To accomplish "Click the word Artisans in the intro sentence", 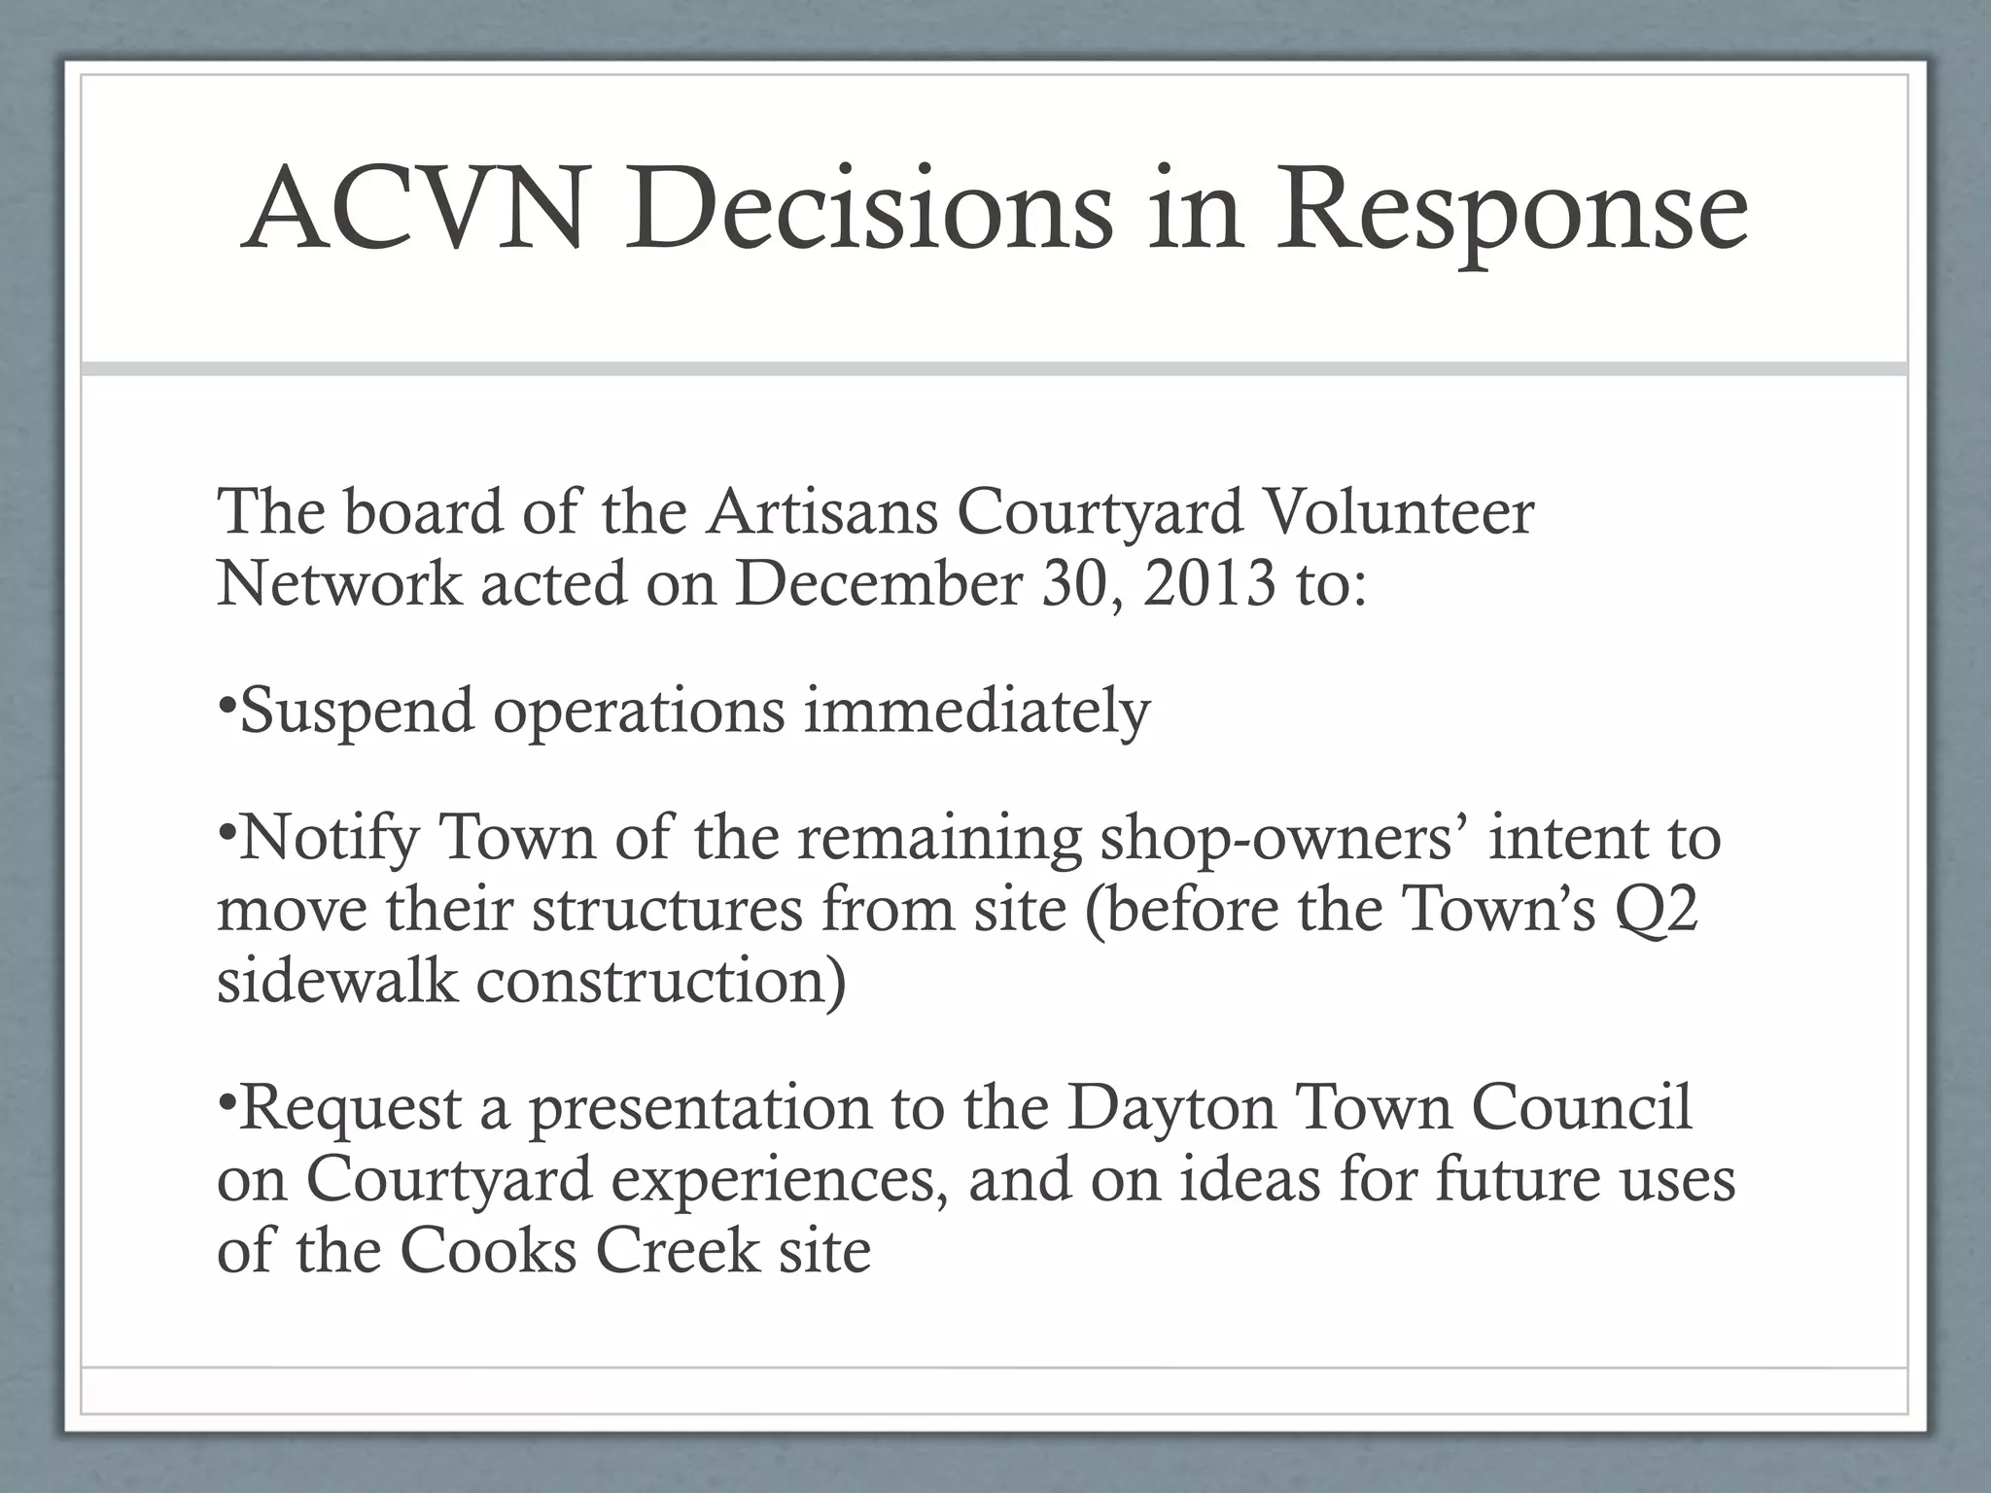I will [821, 511].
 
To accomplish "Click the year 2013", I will [1208, 583].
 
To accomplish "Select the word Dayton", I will [1171, 1109].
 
